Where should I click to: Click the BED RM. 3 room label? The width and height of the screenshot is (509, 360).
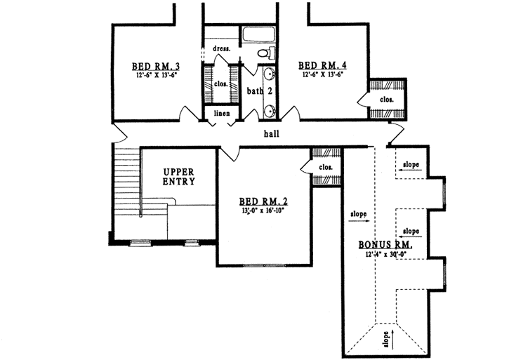(152, 67)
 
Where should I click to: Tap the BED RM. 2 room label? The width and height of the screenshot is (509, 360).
(264, 201)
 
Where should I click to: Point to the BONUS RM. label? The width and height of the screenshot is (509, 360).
(385, 246)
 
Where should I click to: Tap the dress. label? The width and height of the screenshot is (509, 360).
(222, 49)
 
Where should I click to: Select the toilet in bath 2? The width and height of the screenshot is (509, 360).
(265, 54)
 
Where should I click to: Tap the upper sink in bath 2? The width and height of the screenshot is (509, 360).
(270, 75)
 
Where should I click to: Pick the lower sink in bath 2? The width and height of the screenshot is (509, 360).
(270, 109)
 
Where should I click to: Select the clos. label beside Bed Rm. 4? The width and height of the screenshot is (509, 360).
(388, 100)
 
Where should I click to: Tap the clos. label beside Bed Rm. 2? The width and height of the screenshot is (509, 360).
(325, 167)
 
